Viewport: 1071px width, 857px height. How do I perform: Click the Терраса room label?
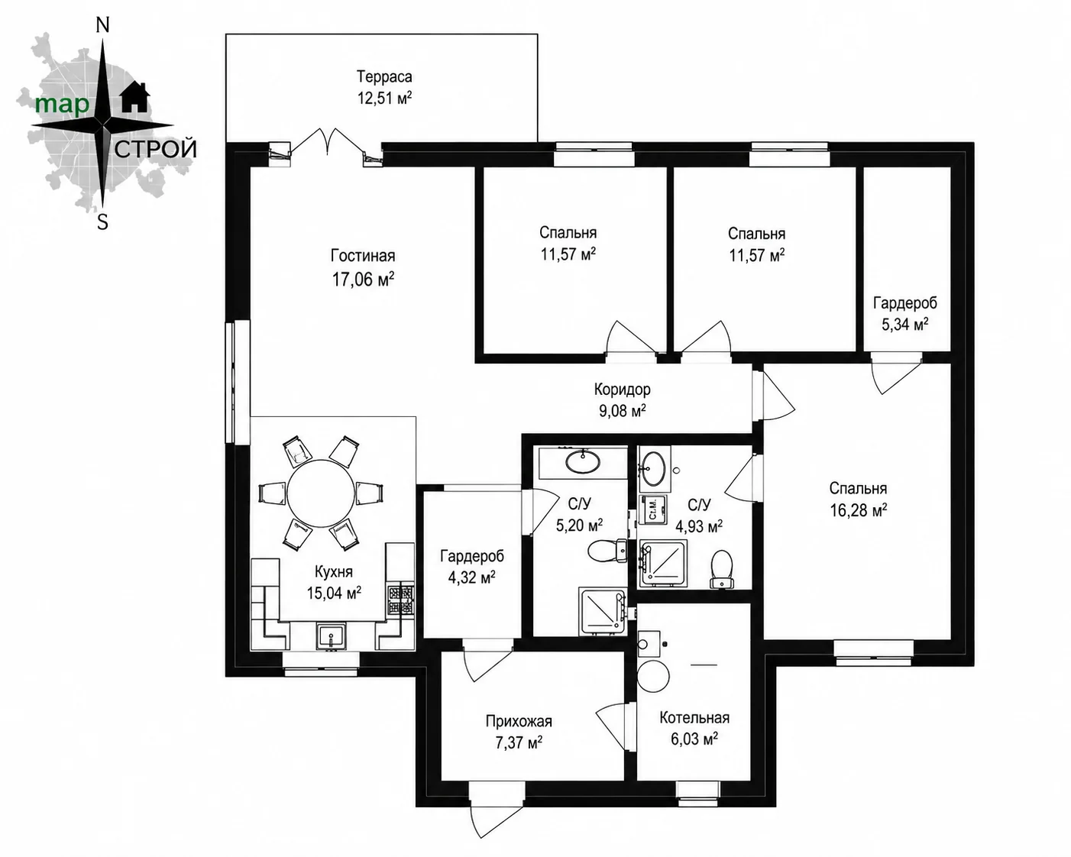[x=384, y=77]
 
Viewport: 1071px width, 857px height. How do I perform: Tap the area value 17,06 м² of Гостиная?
[x=363, y=280]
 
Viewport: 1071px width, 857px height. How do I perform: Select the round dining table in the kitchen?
[x=321, y=493]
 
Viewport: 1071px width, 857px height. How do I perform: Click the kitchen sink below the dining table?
[x=331, y=637]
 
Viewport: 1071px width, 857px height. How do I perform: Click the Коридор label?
[x=622, y=390]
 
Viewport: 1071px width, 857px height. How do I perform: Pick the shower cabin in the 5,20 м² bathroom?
[x=602, y=611]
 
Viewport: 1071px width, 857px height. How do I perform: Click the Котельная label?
[x=694, y=718]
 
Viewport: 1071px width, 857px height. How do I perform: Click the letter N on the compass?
[x=102, y=26]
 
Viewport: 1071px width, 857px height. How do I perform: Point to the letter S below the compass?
[x=102, y=222]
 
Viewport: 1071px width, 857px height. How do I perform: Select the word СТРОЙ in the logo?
[x=155, y=149]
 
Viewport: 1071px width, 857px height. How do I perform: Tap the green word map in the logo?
[x=62, y=105]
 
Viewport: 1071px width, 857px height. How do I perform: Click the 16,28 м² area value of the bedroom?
[x=858, y=510]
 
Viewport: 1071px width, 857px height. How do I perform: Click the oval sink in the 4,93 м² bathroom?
[x=653, y=468]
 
